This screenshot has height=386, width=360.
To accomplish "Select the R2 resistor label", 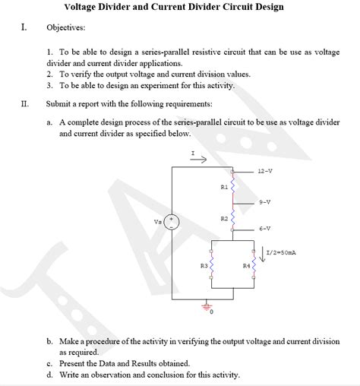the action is [223, 218].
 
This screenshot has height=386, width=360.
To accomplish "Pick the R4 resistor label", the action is [245, 266].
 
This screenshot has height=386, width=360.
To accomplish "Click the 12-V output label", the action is [265, 171].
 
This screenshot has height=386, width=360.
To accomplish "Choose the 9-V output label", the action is [264, 202].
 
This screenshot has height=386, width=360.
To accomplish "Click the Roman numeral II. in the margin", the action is [25, 103].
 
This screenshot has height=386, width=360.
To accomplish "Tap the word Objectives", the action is [65, 27].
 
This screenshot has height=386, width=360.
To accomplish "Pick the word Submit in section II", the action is [60, 103].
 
